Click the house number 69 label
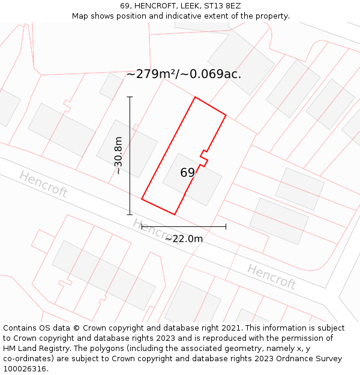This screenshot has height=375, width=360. click(188, 173)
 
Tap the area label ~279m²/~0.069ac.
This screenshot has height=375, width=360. click(184, 74)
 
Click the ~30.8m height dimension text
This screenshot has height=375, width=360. click(118, 155)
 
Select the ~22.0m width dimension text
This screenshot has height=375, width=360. click(184, 239)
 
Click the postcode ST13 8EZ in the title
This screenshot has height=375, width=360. click(222, 6)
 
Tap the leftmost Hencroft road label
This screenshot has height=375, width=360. click(43, 185)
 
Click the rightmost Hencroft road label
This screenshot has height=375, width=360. click(271, 277)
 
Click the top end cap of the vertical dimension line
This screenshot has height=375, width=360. click(130, 97)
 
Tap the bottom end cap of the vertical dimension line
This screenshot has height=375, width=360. click(130, 214)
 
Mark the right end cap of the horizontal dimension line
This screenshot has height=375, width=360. click(226, 227)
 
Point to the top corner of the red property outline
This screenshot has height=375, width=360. click(195, 97)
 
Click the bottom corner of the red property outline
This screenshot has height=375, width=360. click(174, 214)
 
